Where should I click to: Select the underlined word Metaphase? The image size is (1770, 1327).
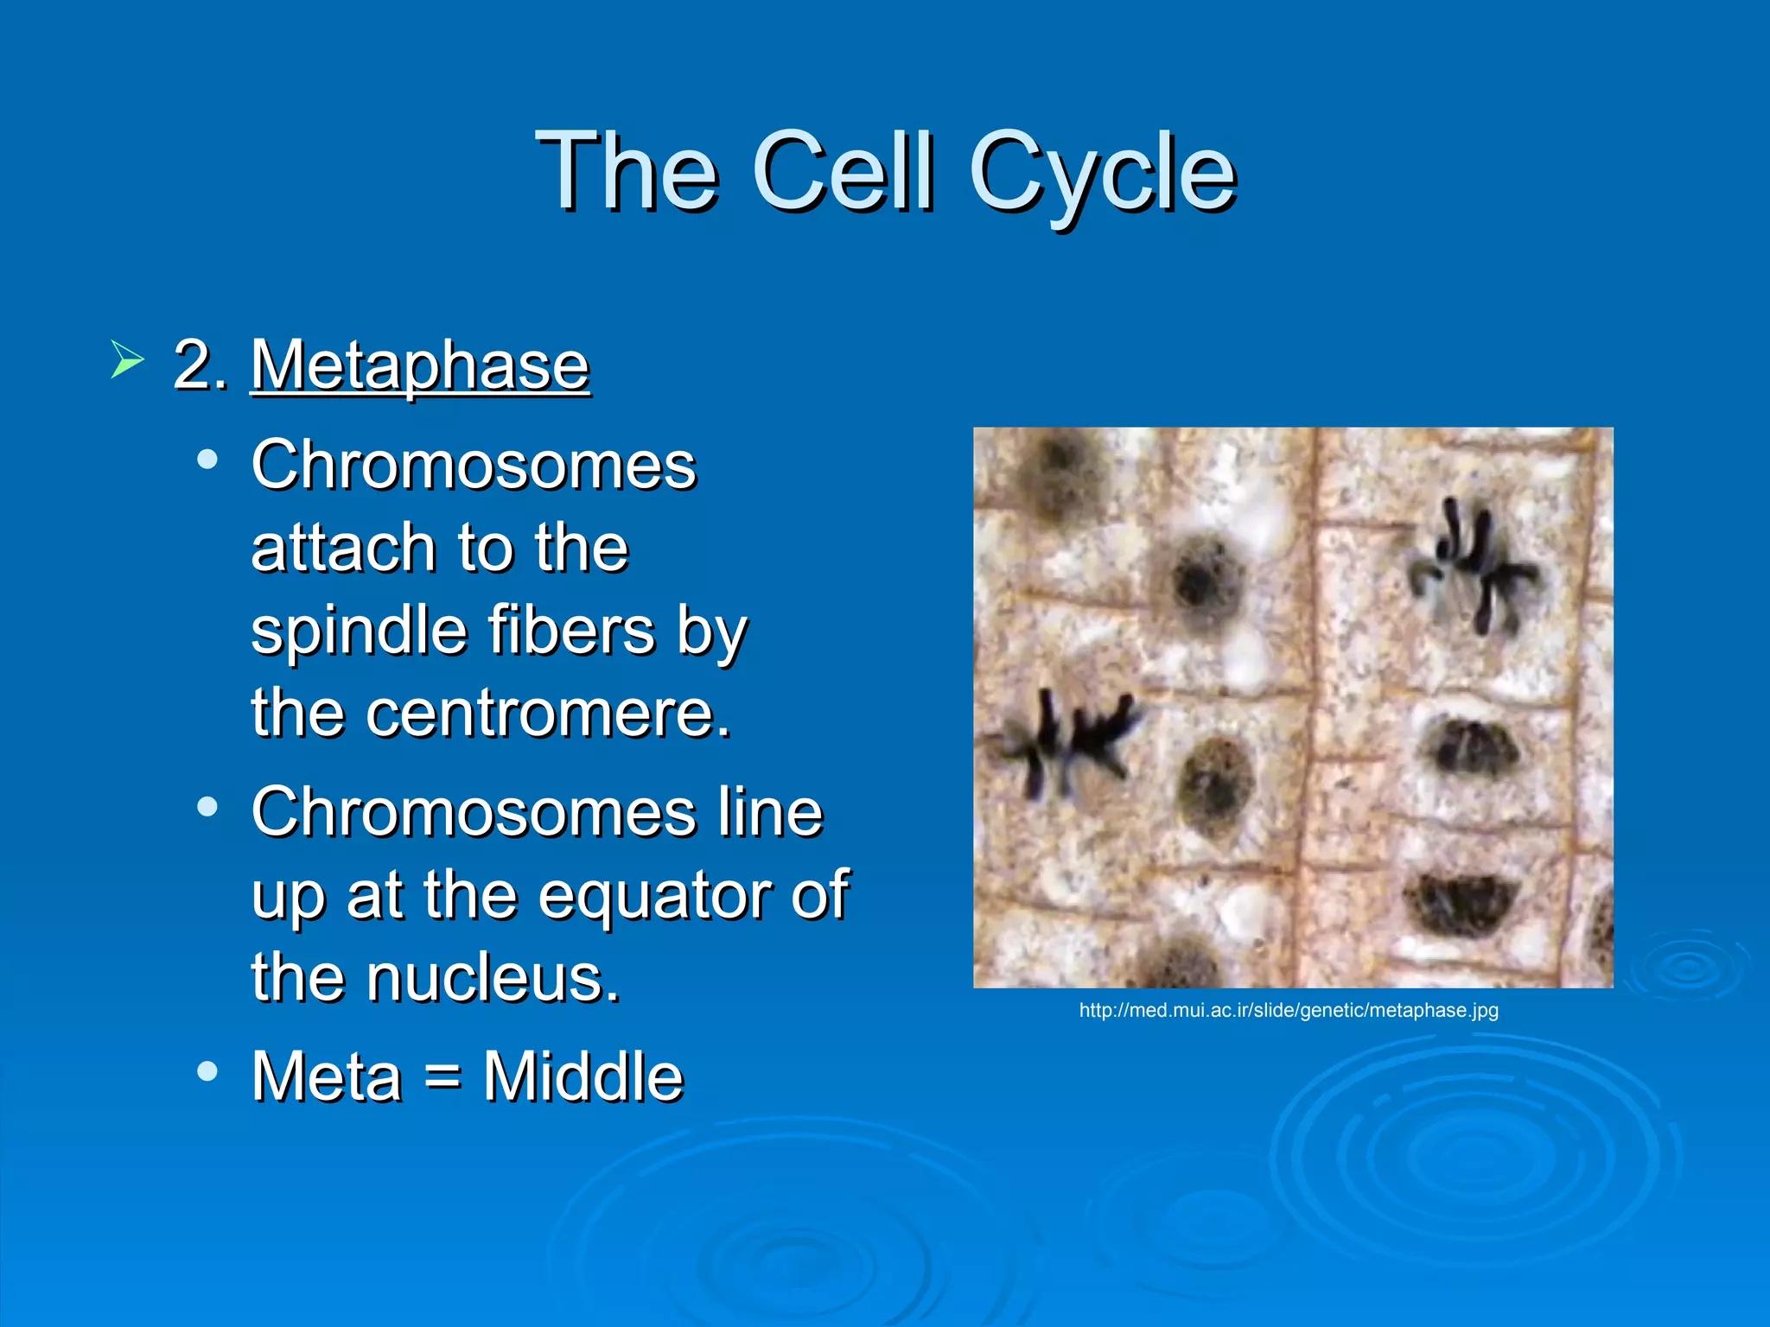click(x=420, y=366)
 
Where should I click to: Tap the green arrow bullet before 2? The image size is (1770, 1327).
click(x=127, y=359)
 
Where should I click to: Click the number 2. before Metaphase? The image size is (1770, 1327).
click(x=200, y=366)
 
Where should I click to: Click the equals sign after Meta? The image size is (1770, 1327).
click(x=442, y=1078)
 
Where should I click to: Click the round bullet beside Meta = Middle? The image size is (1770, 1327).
click(x=207, y=1071)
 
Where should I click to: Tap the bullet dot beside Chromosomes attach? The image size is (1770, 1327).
click(x=207, y=460)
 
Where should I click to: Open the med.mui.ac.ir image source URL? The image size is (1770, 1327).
click(x=1289, y=1010)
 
